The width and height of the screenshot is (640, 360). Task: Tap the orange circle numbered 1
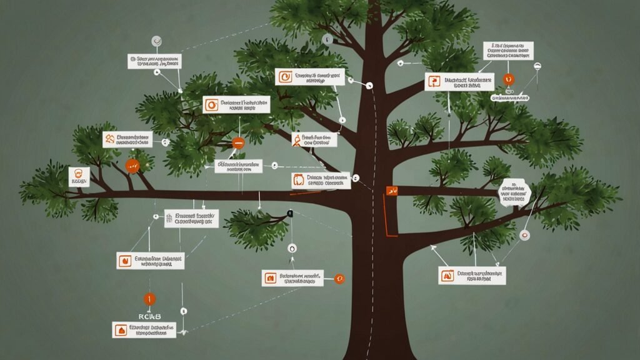pyautogui.click(x=149, y=299)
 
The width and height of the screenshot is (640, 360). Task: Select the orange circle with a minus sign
pyautogui.click(x=237, y=143)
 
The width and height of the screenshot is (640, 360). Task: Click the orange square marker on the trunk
pyautogui.click(x=392, y=189)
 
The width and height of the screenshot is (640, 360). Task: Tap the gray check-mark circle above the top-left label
pyautogui.click(x=156, y=42)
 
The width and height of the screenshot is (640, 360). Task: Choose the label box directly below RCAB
pyautogui.click(x=144, y=329)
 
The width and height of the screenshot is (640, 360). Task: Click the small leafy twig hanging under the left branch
pyautogui.click(x=256, y=219)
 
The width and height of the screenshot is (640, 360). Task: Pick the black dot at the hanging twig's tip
pyautogui.click(x=290, y=214)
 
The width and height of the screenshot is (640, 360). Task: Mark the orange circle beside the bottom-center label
pyautogui.click(x=339, y=278)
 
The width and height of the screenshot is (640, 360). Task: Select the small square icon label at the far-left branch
pyautogui.click(x=79, y=176)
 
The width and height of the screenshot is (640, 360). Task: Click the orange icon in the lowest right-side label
pyautogui.click(x=447, y=275)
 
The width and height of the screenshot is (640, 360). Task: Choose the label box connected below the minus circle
pyautogui.click(x=237, y=166)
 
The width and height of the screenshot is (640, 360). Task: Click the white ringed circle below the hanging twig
pyautogui.click(x=291, y=248)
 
